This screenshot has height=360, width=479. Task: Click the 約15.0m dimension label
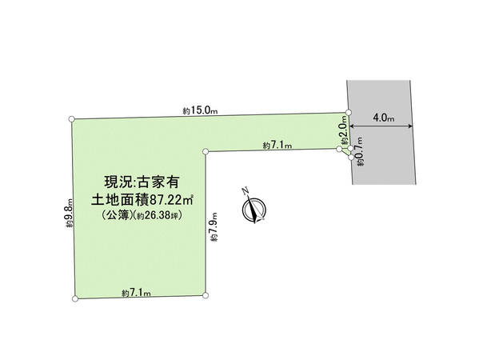point(200,110)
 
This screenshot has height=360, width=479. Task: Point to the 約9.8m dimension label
point(70,213)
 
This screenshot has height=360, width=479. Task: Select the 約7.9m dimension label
point(214,227)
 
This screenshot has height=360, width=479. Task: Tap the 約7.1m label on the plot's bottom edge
point(136,293)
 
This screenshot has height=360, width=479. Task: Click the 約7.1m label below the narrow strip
point(277,145)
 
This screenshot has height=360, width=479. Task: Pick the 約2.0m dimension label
point(345,130)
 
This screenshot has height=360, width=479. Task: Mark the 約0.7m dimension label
point(361,151)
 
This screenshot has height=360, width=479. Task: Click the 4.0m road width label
point(383,118)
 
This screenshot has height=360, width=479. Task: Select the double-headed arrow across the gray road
point(381,126)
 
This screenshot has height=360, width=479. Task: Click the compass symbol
point(253,209)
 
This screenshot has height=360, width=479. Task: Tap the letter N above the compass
point(245,190)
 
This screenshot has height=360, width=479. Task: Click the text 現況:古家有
point(142,182)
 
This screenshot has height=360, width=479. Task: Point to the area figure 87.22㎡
point(171,200)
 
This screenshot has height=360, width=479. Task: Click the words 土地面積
point(120,200)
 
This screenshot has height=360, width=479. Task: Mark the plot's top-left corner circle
point(72,119)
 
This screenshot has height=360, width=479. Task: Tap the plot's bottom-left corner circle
point(75,298)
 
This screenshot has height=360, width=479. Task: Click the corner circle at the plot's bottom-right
point(206,295)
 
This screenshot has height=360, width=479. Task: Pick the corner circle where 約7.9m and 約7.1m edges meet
point(206,151)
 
